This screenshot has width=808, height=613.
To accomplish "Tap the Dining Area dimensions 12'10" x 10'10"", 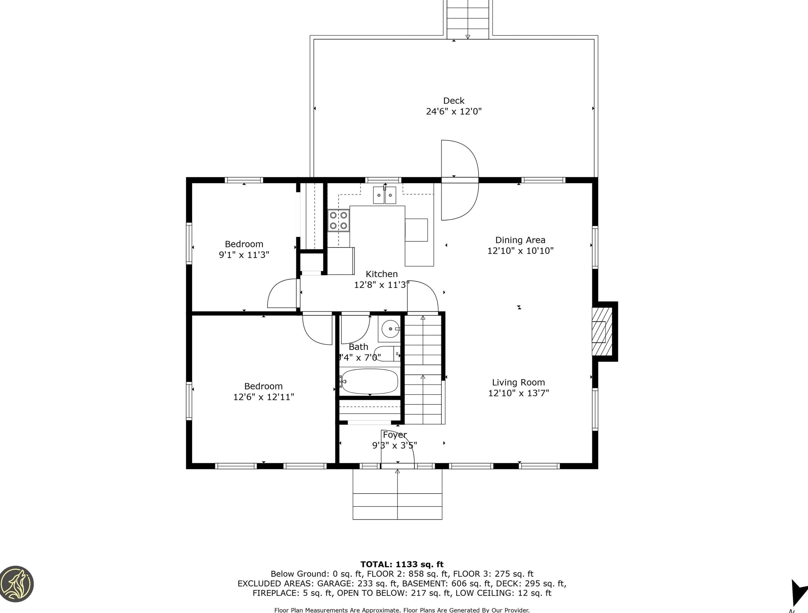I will coord(520,251).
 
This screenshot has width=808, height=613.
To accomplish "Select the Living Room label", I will coord(518,382).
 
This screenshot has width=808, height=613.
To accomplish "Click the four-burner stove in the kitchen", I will coord(338,220).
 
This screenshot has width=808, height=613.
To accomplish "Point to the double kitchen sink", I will coord(384,195).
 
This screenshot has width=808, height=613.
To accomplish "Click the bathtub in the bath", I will coord(369,381).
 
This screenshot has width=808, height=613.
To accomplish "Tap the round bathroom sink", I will coord(390,329).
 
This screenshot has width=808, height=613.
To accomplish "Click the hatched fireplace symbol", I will coord(602,332).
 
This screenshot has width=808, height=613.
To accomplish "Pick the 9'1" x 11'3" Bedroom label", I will coord(244,244).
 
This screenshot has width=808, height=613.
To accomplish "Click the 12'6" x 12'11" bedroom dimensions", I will coord(263,397).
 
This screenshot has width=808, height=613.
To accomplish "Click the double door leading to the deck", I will coord(460,180).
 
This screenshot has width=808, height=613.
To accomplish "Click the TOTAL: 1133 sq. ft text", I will coord(402,564).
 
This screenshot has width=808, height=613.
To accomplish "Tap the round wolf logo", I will coord(17,583).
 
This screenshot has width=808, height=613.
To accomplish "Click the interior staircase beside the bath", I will coord(423,369).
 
